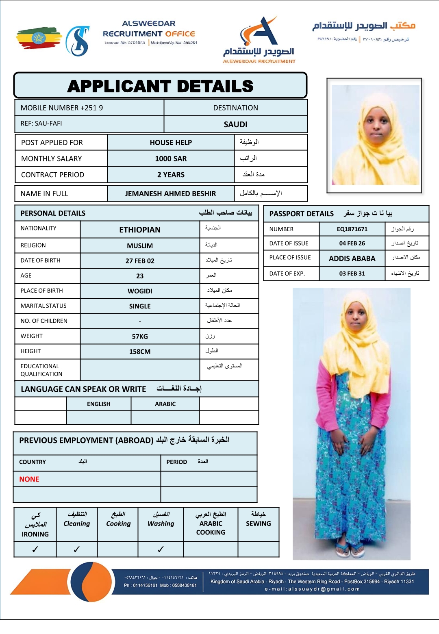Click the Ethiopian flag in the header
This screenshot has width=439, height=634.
[39, 38]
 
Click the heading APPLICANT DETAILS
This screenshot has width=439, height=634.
[160, 86]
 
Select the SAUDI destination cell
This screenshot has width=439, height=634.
[235, 124]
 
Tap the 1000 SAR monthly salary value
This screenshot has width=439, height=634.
[171, 158]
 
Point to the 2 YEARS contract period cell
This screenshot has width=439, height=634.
[171, 175]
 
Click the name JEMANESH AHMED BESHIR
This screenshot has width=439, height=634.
[170, 193]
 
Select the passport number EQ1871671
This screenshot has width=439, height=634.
[352, 229]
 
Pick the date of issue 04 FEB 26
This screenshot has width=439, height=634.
[352, 243]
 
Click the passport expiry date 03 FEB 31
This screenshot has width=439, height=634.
[352, 274]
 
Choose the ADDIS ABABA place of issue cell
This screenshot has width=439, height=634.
[352, 258]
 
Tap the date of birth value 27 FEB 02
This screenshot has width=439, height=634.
[140, 261]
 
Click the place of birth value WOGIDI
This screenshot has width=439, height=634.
[140, 291]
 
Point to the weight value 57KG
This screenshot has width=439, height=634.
[140, 337]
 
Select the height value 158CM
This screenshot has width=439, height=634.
[140, 352]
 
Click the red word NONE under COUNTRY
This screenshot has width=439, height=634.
[29, 479]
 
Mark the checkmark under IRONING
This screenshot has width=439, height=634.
[35, 549]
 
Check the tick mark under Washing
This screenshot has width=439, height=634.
[161, 549]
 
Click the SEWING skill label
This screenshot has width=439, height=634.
[258, 523]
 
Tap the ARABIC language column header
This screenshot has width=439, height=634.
[165, 404]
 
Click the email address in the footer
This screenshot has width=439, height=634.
[312, 589]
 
